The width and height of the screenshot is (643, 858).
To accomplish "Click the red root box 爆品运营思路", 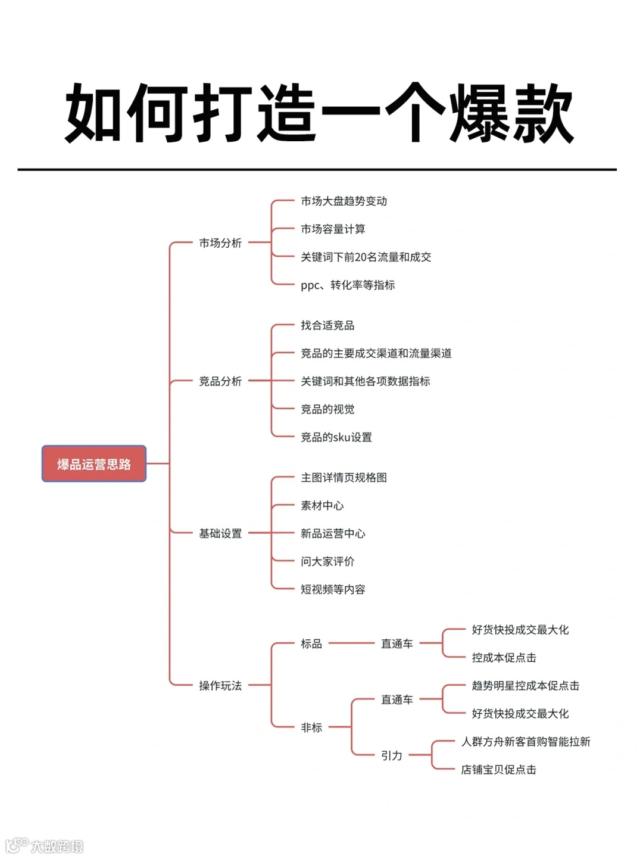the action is pyautogui.click(x=94, y=464).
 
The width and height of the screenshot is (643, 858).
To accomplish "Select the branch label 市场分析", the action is pyautogui.click(x=220, y=243).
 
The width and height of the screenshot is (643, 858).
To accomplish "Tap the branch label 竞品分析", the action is pyautogui.click(x=220, y=381).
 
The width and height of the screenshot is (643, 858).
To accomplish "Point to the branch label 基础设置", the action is pyautogui.click(x=220, y=533).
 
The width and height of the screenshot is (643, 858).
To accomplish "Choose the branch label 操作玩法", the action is pyautogui.click(x=220, y=686).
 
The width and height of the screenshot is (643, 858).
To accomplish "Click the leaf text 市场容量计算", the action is pyautogui.click(x=333, y=229).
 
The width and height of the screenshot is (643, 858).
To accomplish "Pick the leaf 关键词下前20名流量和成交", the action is pyautogui.click(x=366, y=257).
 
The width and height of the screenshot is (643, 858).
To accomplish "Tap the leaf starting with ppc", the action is pyautogui.click(x=348, y=285).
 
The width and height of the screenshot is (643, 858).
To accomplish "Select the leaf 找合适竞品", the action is pyautogui.click(x=327, y=325).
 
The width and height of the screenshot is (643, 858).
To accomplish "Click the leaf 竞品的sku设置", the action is pyautogui.click(x=336, y=437).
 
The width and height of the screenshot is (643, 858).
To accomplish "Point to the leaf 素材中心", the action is pyautogui.click(x=322, y=506).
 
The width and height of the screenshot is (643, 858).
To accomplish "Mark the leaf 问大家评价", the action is pyautogui.click(x=327, y=561).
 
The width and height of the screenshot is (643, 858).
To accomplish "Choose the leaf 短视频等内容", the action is pyautogui.click(x=333, y=589).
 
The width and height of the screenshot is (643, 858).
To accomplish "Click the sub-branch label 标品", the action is pyautogui.click(x=311, y=643).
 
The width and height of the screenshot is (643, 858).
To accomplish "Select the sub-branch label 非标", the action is pyautogui.click(x=311, y=728).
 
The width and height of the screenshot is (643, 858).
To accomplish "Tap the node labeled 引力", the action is pyautogui.click(x=392, y=756).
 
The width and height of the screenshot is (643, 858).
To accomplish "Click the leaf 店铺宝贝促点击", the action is pyautogui.click(x=498, y=770).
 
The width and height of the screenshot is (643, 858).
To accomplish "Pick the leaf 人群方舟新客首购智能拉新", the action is pyautogui.click(x=526, y=742).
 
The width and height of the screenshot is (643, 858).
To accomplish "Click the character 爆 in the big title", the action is pyautogui.click(x=480, y=113).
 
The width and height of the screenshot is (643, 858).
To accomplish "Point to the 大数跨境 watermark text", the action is pyautogui.click(x=57, y=846).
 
